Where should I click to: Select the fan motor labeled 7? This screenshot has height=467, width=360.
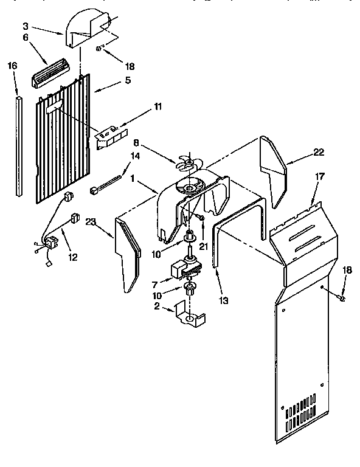coord(184,266)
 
